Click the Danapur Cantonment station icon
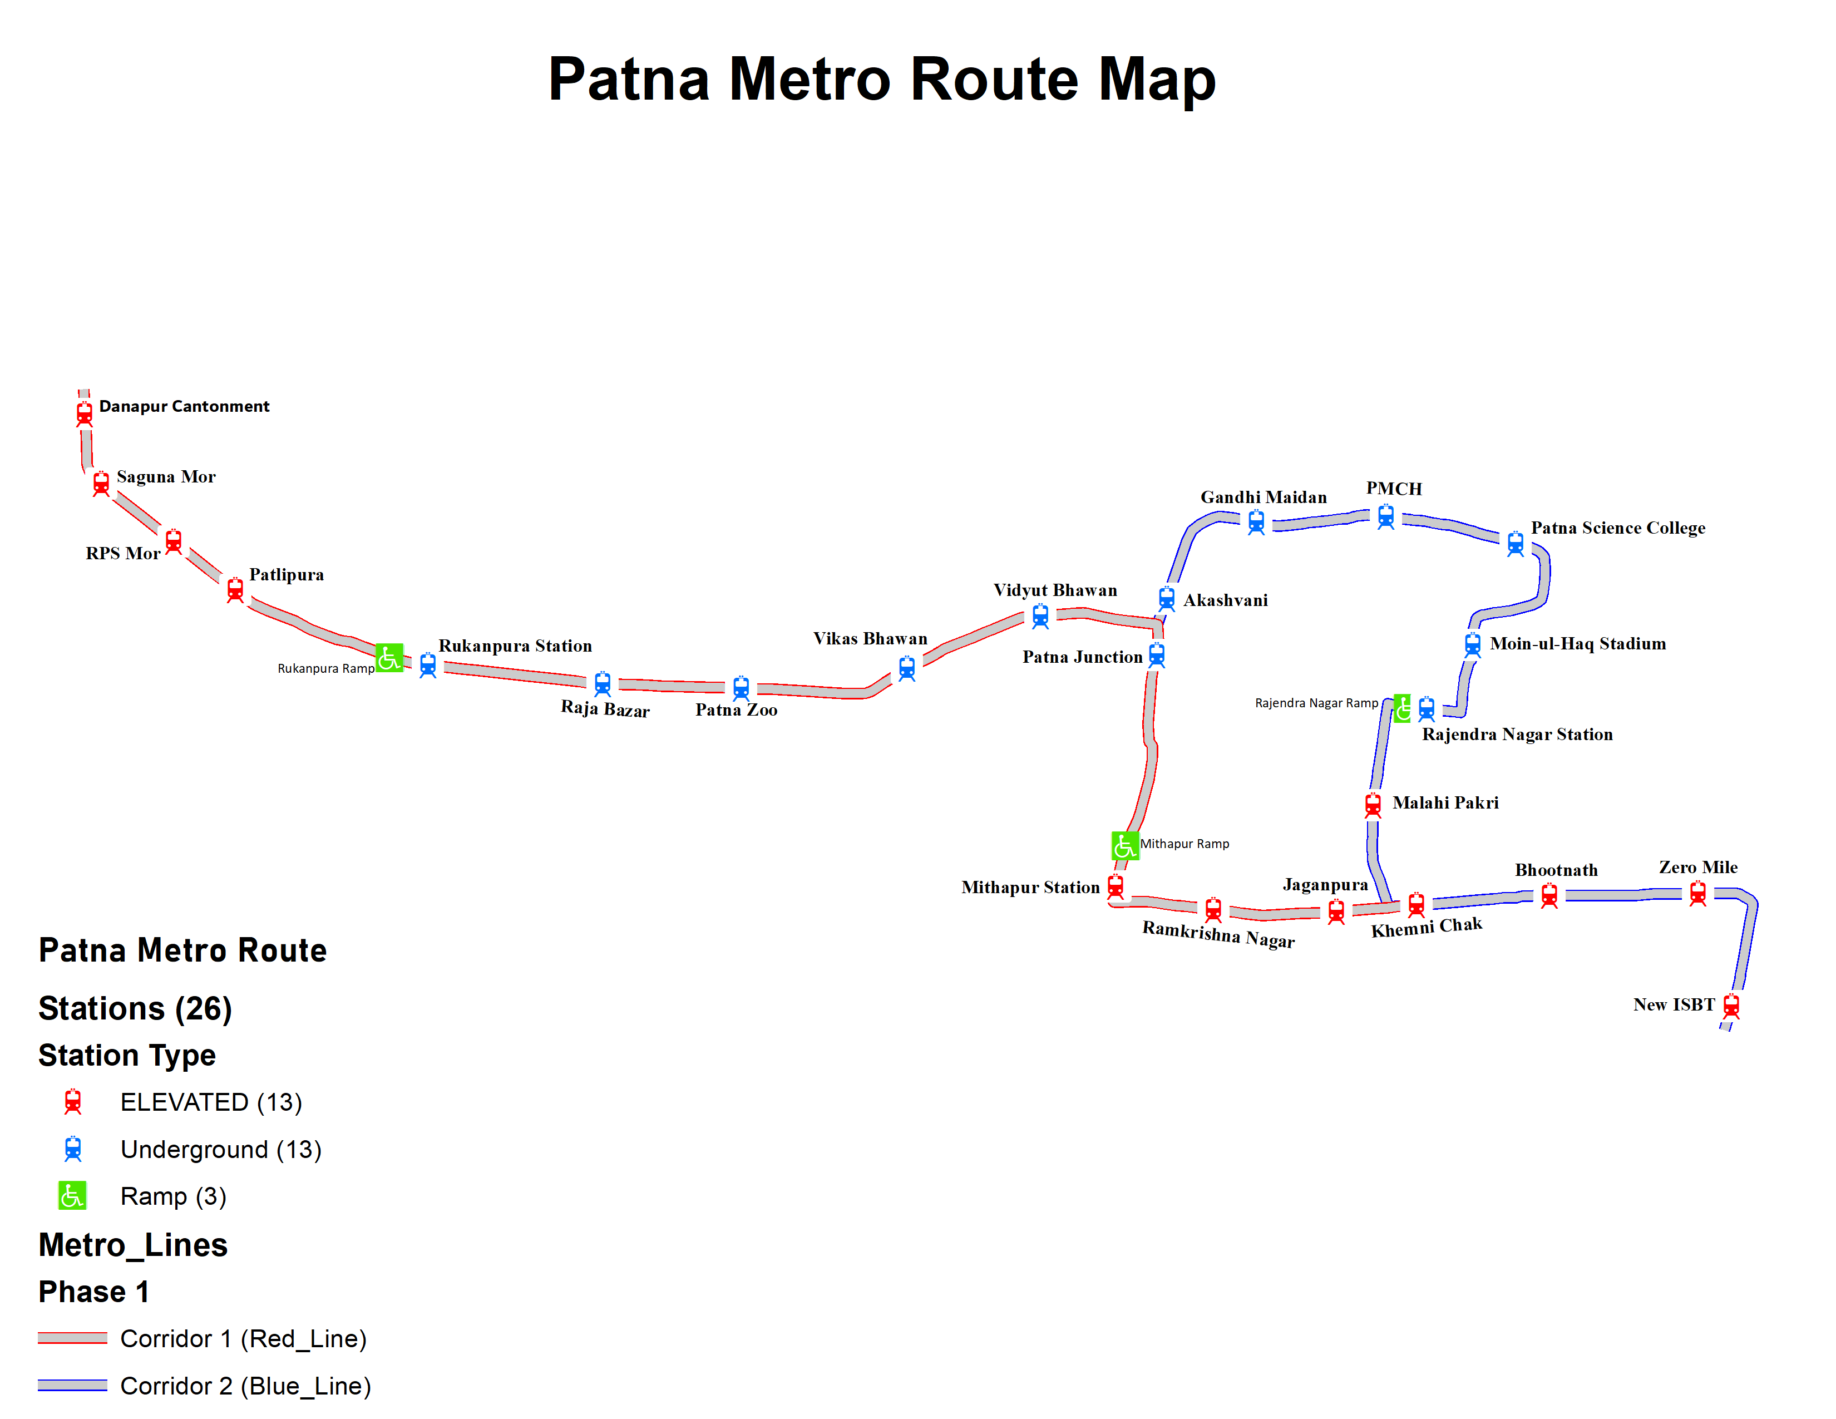coord(84,413)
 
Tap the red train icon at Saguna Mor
coord(101,484)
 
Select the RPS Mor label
coord(123,553)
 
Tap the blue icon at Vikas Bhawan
coord(907,668)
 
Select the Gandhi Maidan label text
coord(1264,497)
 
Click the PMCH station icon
coord(1386,516)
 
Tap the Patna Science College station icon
coord(1516,543)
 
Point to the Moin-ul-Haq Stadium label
coord(1578,643)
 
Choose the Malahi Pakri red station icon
coord(1373,805)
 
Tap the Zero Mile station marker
coord(1698,893)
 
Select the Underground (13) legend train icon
coord(73,1149)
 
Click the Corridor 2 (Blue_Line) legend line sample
coord(72,1386)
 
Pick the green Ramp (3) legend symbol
coord(72,1195)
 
